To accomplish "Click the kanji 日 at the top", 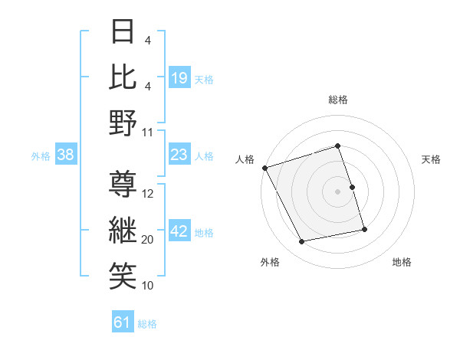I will coord(123,33).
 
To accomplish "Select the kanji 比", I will coord(123,77).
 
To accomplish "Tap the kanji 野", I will coord(123,123).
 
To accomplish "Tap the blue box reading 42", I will coord(179,232).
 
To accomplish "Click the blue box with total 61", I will coord(123,323).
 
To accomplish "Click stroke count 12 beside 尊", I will coord(148,194).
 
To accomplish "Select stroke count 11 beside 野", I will coord(148,132).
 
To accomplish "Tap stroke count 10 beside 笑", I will coord(148,285).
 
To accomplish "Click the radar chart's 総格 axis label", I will coord(337,100).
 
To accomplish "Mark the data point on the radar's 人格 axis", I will coord(264,168).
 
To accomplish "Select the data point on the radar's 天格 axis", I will coord(352,187).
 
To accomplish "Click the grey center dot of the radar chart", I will coord(337,191).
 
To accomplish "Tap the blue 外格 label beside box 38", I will coord(41,156).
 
